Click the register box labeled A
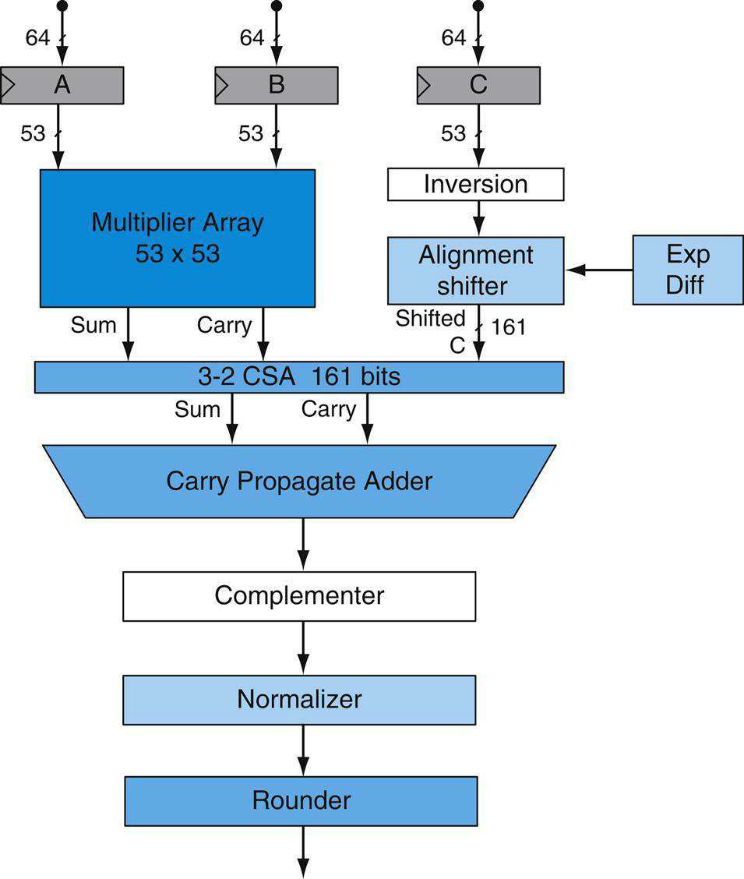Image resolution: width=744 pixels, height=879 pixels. tap(62, 85)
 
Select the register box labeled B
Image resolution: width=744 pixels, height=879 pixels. tap(277, 85)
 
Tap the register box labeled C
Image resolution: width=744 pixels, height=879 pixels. tap(478, 85)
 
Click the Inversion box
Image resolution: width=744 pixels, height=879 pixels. tap(476, 185)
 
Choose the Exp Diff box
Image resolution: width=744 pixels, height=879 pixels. tap(688, 270)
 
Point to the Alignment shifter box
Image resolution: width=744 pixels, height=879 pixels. tap(476, 270)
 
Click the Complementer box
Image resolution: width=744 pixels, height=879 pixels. tap(299, 596)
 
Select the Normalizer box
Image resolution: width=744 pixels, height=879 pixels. tap(299, 700)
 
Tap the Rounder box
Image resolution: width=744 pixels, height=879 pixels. tap(301, 801)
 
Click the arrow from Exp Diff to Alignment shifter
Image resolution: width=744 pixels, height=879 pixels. tap(599, 270)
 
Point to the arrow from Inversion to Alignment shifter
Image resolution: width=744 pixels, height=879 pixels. tap(478, 218)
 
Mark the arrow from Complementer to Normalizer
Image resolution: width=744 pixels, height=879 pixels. tap(303, 648)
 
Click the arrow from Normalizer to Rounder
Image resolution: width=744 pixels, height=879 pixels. tap(303, 750)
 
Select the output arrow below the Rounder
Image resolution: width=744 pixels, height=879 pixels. tap(303, 852)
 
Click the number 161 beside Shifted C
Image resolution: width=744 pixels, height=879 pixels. tap(509, 327)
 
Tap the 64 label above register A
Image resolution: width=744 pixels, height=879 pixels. tap(37, 37)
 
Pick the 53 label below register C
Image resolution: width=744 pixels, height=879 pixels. tap(453, 133)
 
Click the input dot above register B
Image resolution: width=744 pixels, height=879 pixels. tap(277, 5)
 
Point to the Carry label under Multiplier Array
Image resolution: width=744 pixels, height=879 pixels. tap(224, 326)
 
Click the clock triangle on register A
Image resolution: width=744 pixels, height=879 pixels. tap(8, 85)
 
